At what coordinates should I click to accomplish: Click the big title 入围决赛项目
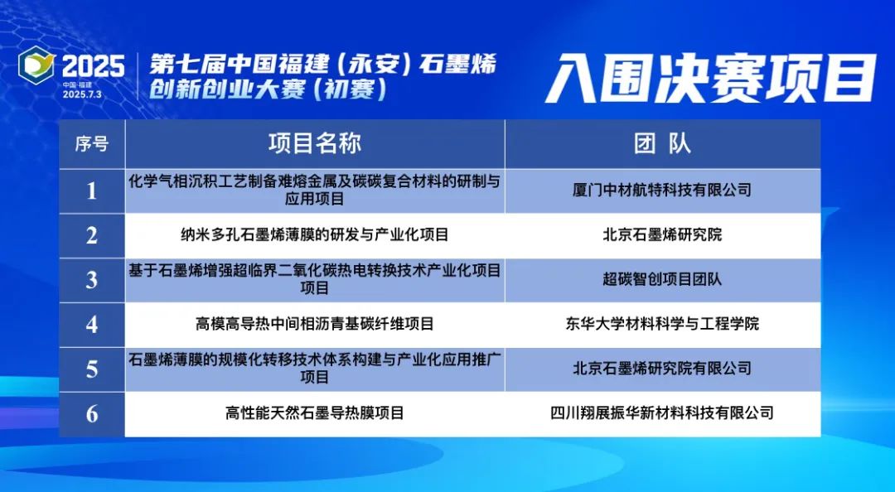[x=711, y=79]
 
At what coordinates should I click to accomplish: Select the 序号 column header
[x=92, y=143]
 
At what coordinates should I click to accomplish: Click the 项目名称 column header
[x=315, y=143]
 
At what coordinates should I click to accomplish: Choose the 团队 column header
[x=662, y=143]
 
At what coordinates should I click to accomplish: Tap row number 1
[x=92, y=191]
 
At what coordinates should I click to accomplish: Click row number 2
[x=92, y=236]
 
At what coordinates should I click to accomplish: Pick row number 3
[x=92, y=280]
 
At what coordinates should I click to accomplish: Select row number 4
[x=92, y=325]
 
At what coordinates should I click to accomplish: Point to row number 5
[x=92, y=369]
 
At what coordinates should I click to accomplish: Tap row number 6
[x=92, y=413]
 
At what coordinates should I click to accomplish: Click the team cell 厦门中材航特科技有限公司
[x=662, y=191]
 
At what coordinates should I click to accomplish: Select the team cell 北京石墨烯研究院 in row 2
[x=662, y=235]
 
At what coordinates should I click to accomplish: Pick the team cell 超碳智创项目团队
[x=662, y=280]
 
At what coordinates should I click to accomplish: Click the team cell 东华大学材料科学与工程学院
[x=662, y=324]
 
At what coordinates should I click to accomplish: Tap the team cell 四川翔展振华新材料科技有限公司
[x=662, y=412]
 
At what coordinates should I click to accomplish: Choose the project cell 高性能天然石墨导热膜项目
[x=315, y=412]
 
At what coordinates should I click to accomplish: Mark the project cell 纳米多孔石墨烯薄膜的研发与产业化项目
[x=315, y=235]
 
